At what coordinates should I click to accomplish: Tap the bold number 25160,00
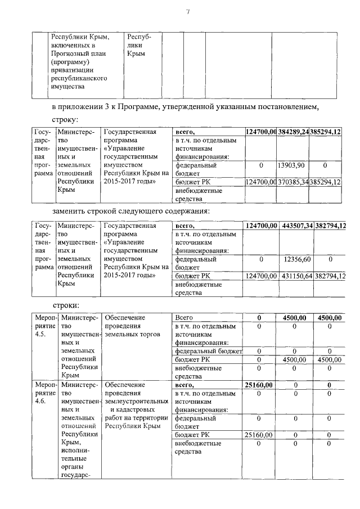pyautogui.click(x=259, y=385)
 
